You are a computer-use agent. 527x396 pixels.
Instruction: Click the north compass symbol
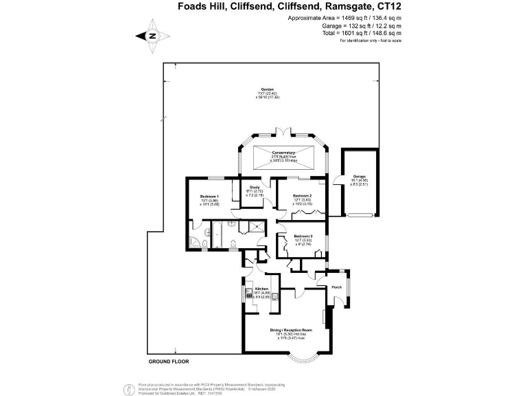coord(151,36)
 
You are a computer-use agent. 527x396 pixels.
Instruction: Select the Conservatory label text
coord(283,152)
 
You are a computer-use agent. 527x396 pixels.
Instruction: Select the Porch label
coord(337,287)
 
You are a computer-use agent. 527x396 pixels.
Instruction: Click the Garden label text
coord(268,90)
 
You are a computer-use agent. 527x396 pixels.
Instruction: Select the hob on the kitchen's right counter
coord(274,297)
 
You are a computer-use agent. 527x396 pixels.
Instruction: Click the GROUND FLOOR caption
coord(169,361)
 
